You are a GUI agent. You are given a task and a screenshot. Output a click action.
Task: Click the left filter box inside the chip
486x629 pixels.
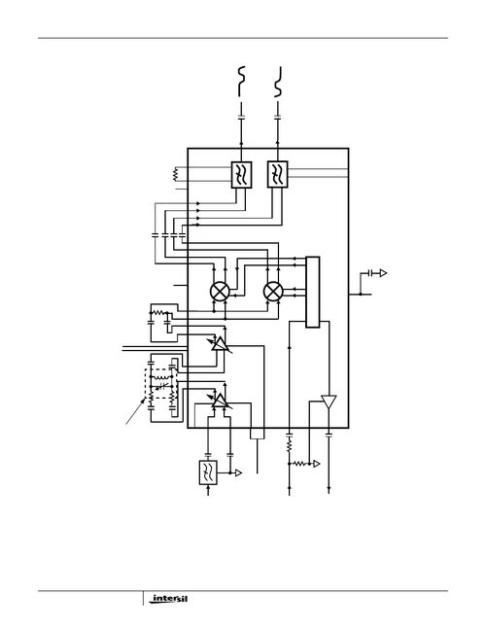[x=241, y=175]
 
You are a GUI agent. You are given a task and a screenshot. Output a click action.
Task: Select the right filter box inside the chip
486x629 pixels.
[x=278, y=175]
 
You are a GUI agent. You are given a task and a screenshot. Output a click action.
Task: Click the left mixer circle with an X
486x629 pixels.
[x=222, y=291]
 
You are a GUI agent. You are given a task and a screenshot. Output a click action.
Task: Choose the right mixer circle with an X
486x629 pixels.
[x=274, y=291]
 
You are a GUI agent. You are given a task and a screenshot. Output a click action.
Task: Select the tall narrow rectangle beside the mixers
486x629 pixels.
[x=312, y=292]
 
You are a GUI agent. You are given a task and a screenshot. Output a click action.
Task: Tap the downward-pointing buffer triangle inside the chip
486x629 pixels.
[x=329, y=402]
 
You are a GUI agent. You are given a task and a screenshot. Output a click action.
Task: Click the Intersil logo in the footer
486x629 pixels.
[x=168, y=600]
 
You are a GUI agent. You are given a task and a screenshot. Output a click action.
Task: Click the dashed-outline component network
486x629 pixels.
[x=160, y=391]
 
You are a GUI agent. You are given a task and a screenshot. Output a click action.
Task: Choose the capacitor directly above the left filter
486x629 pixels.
[x=241, y=122]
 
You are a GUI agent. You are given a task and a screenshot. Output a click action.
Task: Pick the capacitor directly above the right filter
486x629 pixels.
[x=278, y=122]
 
